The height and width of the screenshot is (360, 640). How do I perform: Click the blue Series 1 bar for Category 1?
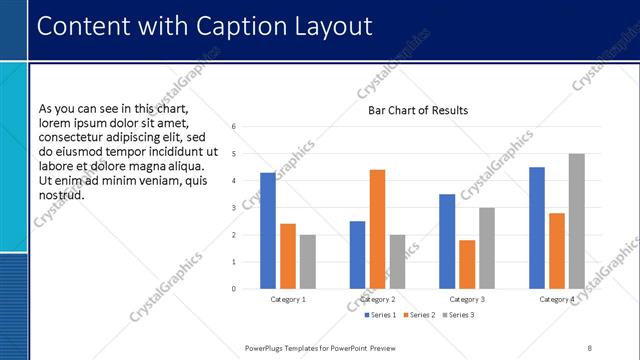268,231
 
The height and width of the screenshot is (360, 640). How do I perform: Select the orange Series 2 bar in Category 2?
377,229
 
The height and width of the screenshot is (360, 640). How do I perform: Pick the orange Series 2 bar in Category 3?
467,264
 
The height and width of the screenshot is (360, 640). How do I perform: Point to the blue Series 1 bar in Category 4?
537,228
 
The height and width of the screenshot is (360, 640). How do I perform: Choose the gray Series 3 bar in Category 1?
307,262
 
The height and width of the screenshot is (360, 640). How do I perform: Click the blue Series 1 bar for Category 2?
357,255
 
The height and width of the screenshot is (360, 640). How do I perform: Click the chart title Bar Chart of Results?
411,110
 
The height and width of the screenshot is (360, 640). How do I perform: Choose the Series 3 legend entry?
458,315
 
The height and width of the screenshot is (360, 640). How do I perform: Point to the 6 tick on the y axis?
232,127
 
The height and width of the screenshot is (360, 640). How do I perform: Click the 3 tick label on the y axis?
232,208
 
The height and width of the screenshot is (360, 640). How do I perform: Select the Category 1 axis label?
288,299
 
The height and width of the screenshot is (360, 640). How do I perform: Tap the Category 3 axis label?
467,299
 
